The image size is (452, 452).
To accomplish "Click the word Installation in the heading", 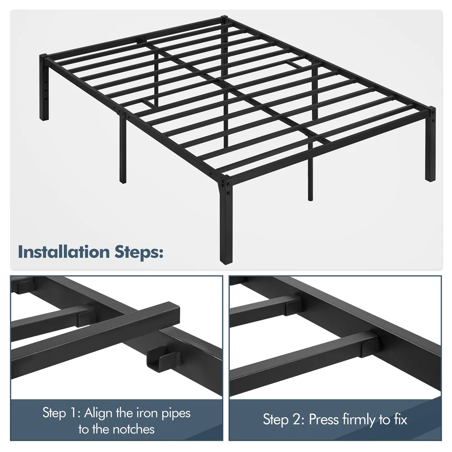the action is (64, 252).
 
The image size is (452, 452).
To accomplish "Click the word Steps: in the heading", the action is (139, 253).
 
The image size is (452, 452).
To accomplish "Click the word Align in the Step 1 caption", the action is (98, 413).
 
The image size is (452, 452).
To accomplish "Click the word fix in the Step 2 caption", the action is (400, 419).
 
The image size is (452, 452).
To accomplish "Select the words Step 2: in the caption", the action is (283, 419).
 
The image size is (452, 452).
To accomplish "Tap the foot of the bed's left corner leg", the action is (44, 118).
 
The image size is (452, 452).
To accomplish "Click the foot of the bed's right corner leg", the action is (430, 178).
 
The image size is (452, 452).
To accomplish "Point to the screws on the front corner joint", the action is (226, 186).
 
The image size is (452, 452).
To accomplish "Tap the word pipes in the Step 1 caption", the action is (176, 414).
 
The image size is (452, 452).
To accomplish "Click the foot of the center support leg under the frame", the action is (310, 198).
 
